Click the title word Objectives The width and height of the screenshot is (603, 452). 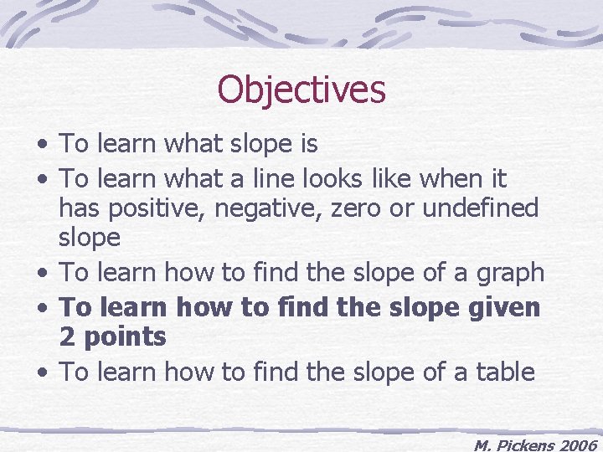[x=301, y=90]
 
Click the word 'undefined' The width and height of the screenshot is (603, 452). [x=480, y=208]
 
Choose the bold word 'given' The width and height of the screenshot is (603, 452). [x=504, y=307]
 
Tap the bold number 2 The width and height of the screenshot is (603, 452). [x=67, y=337]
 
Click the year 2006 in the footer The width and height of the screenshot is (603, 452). [x=577, y=445]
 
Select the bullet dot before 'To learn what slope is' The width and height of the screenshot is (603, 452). [x=42, y=146]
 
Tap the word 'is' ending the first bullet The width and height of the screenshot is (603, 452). [x=307, y=144]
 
